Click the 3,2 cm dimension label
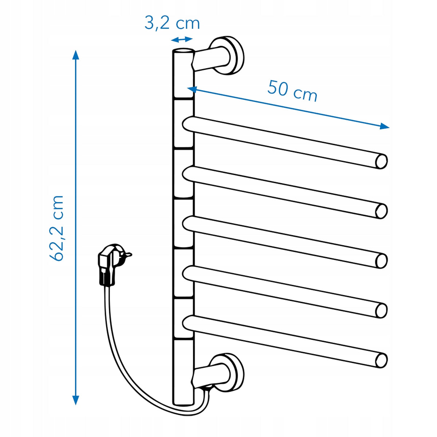pyautogui.click(x=172, y=23)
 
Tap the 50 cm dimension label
pyautogui.click(x=292, y=90)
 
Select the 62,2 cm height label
pyautogui.click(x=56, y=228)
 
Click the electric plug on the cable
pyautogui.click(x=111, y=264)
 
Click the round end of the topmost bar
pyautogui.click(x=381, y=161)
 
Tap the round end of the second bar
pyautogui.click(x=381, y=211)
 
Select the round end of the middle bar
pyautogui.click(x=381, y=261)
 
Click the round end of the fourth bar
pyautogui.click(x=381, y=311)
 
